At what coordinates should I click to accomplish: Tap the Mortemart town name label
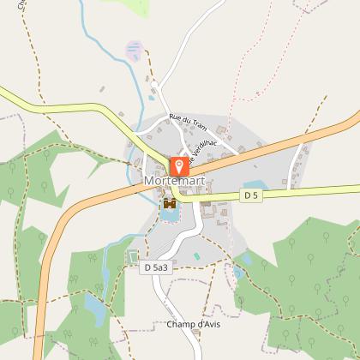pos(174,183)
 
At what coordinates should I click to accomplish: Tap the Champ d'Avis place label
pos(193,324)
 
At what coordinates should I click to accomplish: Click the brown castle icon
pos(170,204)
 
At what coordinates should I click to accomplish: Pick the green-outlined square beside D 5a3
pos(132,255)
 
